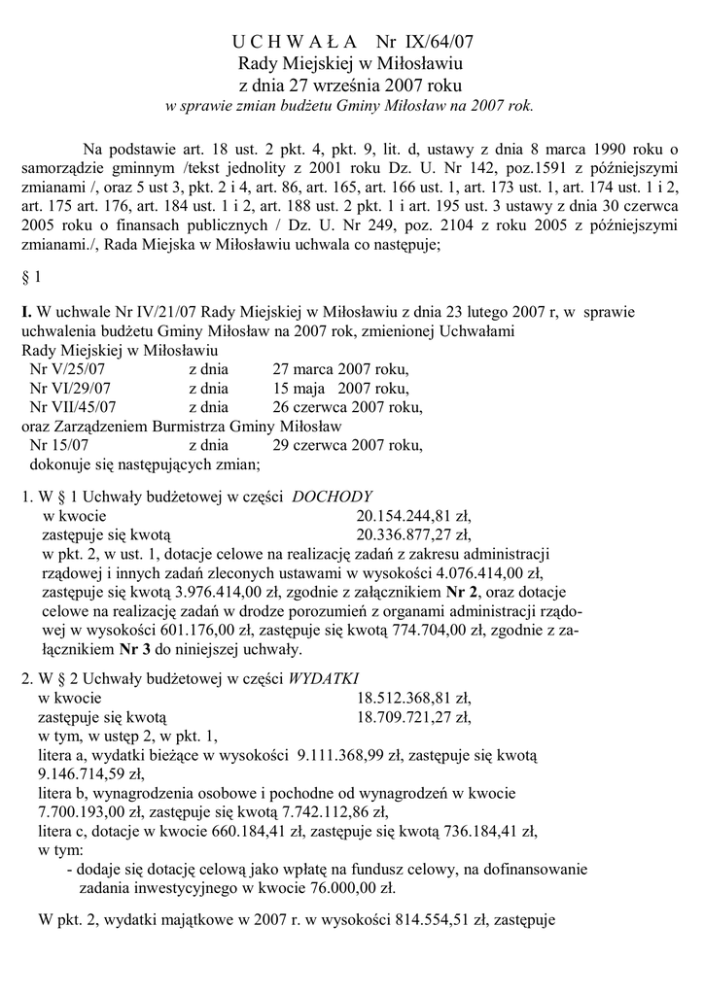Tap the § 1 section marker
[x=31, y=278]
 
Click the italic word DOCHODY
[x=333, y=495]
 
